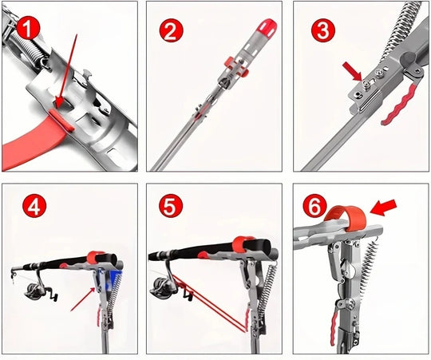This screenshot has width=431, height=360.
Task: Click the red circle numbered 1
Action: coord(28,29)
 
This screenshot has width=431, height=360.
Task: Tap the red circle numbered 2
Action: coord(171,31)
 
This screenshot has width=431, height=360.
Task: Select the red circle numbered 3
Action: coord(323,30)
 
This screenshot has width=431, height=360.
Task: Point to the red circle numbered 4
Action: coord(34,207)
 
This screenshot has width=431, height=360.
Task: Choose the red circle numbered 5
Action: coord(171,206)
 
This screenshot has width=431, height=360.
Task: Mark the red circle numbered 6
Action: coord(314,208)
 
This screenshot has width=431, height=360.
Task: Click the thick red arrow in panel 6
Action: coord(383,208)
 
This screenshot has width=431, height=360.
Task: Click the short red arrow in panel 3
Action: coord(353,71)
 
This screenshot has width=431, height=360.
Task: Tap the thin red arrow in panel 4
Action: coord(83,299)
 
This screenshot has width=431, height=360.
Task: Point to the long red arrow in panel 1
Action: coord(66,72)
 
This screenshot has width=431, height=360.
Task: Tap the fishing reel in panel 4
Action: coord(41,291)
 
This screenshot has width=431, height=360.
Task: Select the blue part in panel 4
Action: coord(114,278)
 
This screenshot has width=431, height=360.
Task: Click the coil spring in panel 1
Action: coord(26,49)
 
